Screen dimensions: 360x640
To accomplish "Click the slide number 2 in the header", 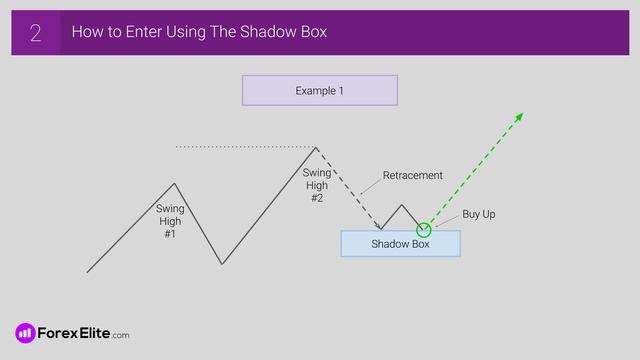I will point(35,33).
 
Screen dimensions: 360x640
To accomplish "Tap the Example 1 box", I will point(319,90).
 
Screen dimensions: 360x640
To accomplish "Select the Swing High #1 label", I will point(170,221).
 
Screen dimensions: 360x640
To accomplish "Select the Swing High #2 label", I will point(316,185).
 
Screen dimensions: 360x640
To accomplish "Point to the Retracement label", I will point(412,176).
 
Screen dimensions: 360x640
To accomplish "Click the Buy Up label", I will point(478,214).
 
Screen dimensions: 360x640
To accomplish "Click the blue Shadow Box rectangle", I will point(400,244).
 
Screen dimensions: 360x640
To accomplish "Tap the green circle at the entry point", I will point(423,230).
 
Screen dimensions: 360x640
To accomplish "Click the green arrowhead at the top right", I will point(519,117).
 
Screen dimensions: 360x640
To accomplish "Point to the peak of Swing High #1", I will point(175,183).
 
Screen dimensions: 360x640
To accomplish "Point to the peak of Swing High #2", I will point(316,148).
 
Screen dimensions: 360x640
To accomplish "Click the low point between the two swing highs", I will point(222,264).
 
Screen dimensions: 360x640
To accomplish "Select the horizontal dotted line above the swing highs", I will point(245,147).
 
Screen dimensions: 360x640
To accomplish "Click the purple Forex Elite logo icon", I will point(25,333).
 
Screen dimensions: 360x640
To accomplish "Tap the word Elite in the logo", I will point(92,333).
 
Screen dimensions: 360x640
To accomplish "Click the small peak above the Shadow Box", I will point(402,206).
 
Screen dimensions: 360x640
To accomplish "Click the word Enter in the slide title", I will point(136,33).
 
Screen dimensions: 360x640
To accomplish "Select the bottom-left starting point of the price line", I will point(88,271).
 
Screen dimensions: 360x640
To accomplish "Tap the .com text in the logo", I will point(120,335).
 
